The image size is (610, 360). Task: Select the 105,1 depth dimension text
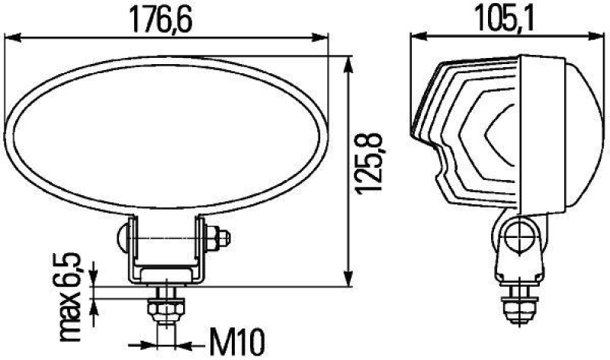coord(504,18)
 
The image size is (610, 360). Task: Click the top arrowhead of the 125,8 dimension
coord(348,61)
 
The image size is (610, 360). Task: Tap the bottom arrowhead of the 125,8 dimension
coord(348,280)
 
